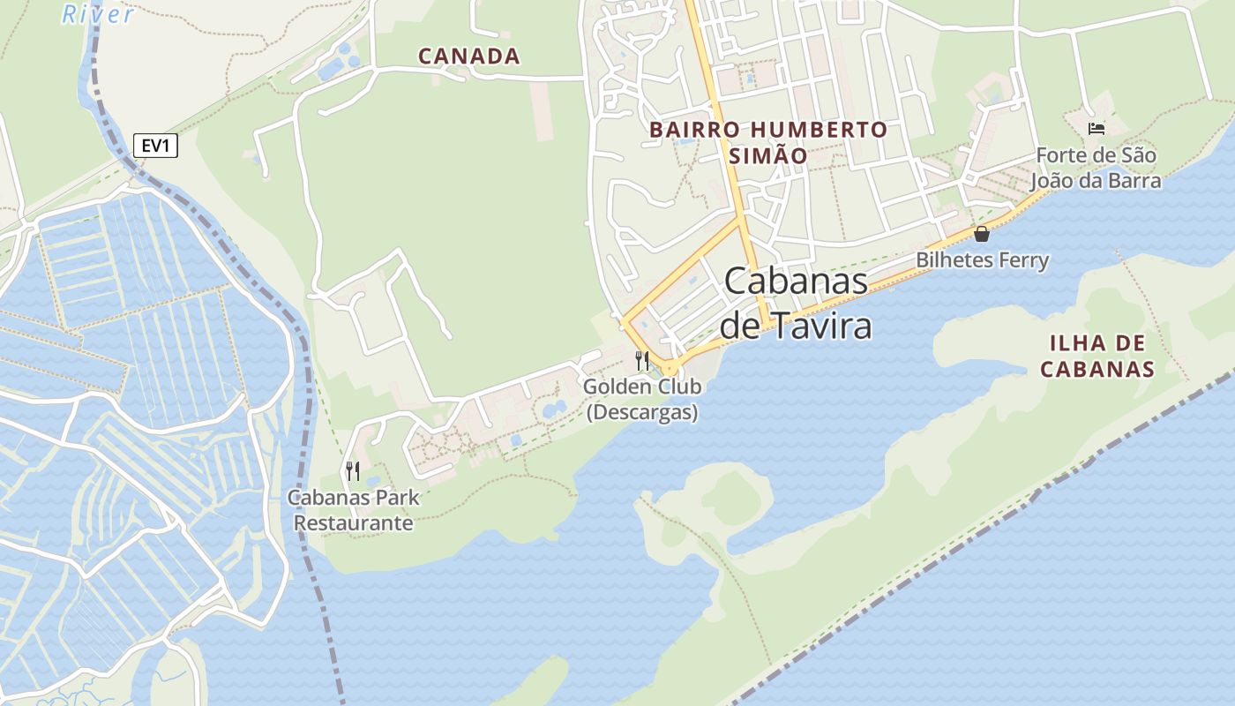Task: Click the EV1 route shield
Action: [x=155, y=146]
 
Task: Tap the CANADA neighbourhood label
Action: [x=468, y=56]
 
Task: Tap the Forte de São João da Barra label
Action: [x=1096, y=168]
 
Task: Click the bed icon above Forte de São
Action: [x=1097, y=129]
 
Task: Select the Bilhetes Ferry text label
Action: [x=982, y=260]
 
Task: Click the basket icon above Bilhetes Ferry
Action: [x=981, y=234]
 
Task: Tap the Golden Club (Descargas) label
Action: [x=642, y=399]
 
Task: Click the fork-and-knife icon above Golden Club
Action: [x=642, y=360]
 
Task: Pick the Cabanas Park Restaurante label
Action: [x=353, y=510]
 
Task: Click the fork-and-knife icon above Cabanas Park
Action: [x=353, y=470]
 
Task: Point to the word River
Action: [x=98, y=14]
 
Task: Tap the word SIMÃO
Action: [x=768, y=156]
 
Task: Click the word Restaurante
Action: [x=353, y=522]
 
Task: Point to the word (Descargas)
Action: [x=642, y=412]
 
